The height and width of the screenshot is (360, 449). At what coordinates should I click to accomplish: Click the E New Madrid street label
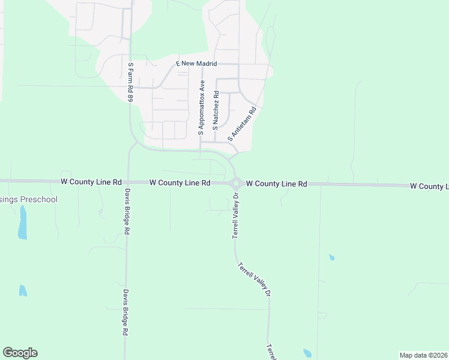click(196, 63)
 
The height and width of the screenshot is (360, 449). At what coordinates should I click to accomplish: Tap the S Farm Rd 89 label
click(130, 81)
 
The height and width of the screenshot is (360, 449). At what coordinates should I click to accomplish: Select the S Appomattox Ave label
click(202, 105)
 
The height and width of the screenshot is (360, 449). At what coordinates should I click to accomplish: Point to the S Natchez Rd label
click(215, 112)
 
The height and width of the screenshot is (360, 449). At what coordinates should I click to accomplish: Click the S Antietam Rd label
click(242, 124)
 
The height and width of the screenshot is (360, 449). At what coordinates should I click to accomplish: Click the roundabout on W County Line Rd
click(237, 183)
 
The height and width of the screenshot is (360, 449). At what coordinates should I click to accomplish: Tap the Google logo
click(20, 353)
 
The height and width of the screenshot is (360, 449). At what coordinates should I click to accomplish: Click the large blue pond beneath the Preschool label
click(23, 222)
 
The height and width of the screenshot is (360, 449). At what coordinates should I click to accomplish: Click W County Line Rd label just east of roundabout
click(277, 184)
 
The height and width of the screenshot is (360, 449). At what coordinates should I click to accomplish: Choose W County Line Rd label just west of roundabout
click(179, 182)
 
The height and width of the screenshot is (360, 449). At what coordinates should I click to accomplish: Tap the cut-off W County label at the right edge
click(429, 187)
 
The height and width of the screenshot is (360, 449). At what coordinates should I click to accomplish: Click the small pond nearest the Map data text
click(308, 353)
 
